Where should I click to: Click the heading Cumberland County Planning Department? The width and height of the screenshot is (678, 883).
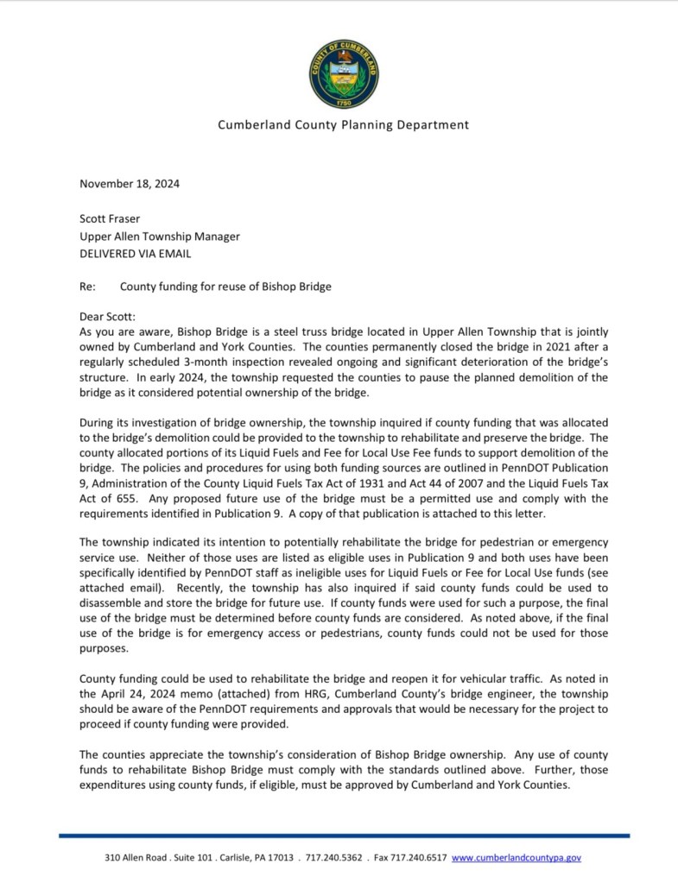343,124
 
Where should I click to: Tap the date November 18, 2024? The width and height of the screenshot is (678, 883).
130,183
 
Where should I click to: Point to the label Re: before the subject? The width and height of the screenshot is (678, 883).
87,285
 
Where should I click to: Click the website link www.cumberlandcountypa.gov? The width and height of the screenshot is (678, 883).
516,858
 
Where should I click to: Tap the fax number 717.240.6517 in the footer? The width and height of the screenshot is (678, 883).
419,858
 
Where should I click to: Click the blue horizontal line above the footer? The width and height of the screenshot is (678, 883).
343,836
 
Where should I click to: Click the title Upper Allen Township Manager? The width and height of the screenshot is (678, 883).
160,236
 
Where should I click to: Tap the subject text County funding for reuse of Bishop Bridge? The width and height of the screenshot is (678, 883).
225,285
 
